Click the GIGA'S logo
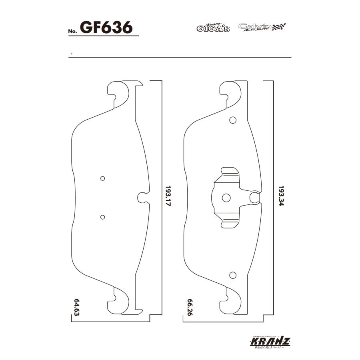(x=213, y=28)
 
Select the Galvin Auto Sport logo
(x=262, y=27)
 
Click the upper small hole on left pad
(x=102, y=178)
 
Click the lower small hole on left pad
(x=102, y=217)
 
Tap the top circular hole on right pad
(x=232, y=120)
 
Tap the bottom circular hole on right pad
(x=232, y=275)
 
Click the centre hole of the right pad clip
(x=226, y=197)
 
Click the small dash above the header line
(x=71, y=53)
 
